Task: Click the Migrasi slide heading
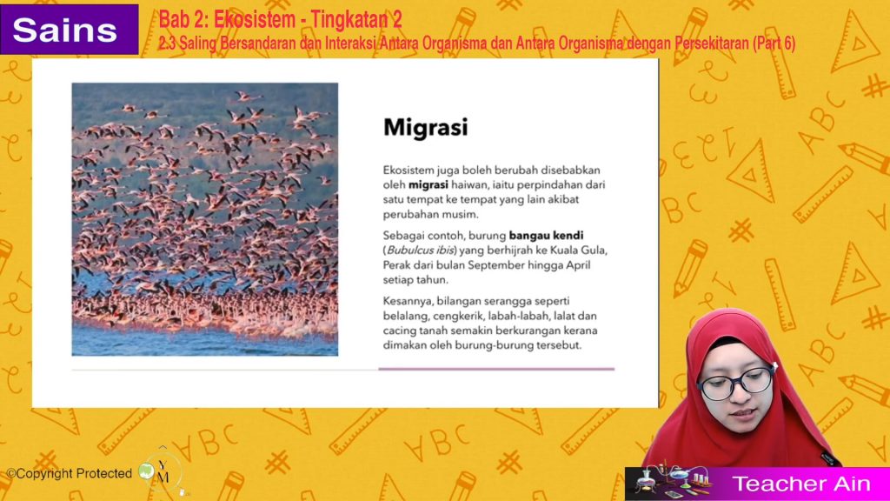[x=426, y=127]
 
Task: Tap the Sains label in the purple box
[x=64, y=30]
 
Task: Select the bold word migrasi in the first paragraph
[x=428, y=184]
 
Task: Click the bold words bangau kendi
[x=546, y=235]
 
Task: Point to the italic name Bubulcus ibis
[x=421, y=250]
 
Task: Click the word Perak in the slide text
[x=396, y=264]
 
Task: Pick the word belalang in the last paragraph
[x=404, y=316]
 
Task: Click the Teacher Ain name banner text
[x=800, y=484]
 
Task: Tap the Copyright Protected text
[x=70, y=473]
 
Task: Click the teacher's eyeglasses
[x=735, y=382]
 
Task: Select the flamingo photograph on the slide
[x=205, y=219]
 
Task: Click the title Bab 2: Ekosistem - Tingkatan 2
[x=281, y=20]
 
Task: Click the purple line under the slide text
[x=496, y=369]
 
